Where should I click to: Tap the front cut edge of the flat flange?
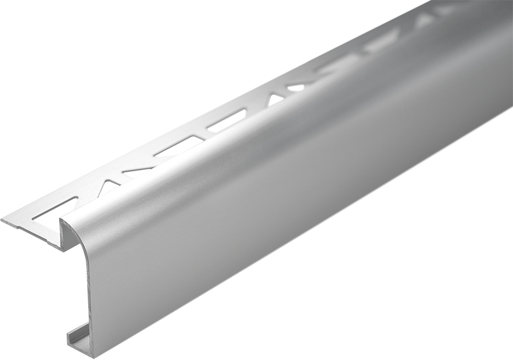point(30,233)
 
